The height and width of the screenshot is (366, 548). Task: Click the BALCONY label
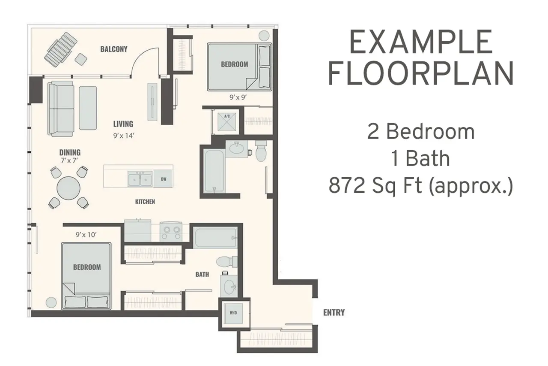click(x=114, y=49)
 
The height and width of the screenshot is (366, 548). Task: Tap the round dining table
click(x=68, y=188)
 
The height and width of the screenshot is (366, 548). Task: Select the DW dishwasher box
click(x=164, y=179)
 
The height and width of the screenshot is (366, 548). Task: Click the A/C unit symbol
click(x=227, y=121)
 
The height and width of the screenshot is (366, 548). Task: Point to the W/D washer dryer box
click(x=233, y=314)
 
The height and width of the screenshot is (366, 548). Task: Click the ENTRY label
click(x=334, y=312)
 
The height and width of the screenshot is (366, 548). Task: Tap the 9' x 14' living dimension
click(x=124, y=136)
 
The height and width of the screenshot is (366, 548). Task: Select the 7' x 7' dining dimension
click(x=70, y=160)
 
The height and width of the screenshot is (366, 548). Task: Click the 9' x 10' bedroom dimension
click(x=86, y=235)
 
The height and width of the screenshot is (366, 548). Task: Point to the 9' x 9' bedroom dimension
click(x=238, y=97)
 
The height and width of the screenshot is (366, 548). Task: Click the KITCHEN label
click(x=145, y=202)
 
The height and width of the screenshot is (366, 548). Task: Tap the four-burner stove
click(x=171, y=232)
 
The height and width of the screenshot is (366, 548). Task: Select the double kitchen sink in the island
click(x=140, y=179)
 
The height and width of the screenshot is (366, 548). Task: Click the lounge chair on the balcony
click(x=61, y=49)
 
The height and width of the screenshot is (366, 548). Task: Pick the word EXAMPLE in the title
click(x=421, y=42)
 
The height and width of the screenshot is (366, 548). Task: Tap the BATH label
click(x=202, y=274)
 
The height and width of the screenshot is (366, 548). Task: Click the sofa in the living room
click(x=61, y=109)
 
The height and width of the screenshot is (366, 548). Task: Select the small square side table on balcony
click(x=81, y=59)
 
